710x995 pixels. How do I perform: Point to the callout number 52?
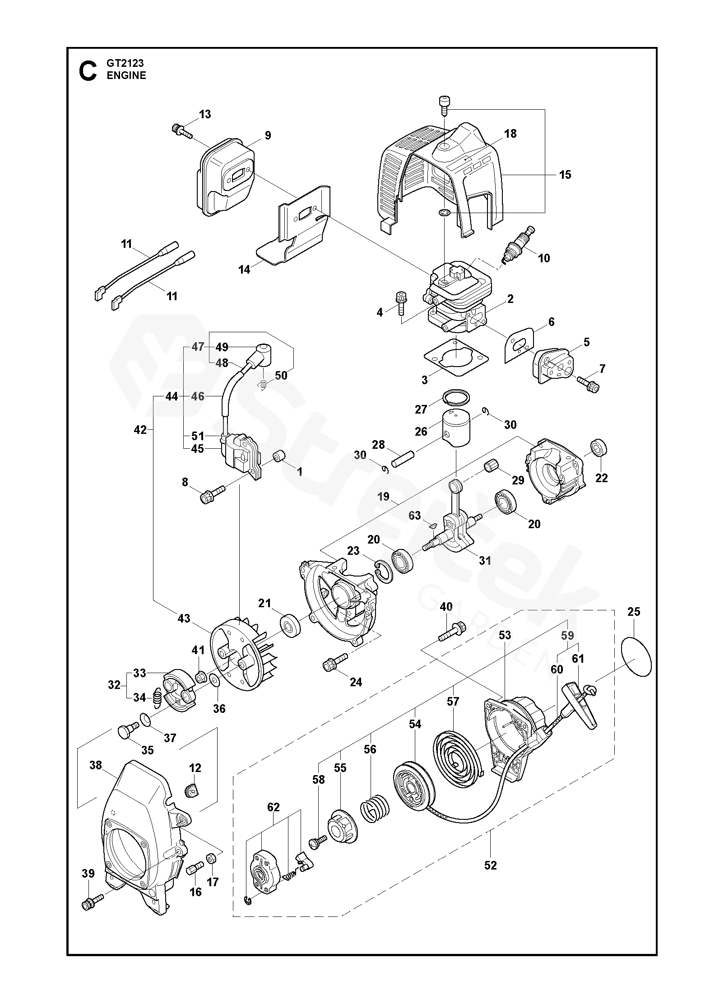point(490,865)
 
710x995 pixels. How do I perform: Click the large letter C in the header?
point(88,71)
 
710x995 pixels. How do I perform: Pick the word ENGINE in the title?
point(126,75)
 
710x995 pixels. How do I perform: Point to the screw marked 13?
point(182,132)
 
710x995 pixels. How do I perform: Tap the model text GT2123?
point(125,64)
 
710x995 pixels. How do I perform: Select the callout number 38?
point(95,765)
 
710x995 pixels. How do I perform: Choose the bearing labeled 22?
point(599,448)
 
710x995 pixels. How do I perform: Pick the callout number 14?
point(244,270)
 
